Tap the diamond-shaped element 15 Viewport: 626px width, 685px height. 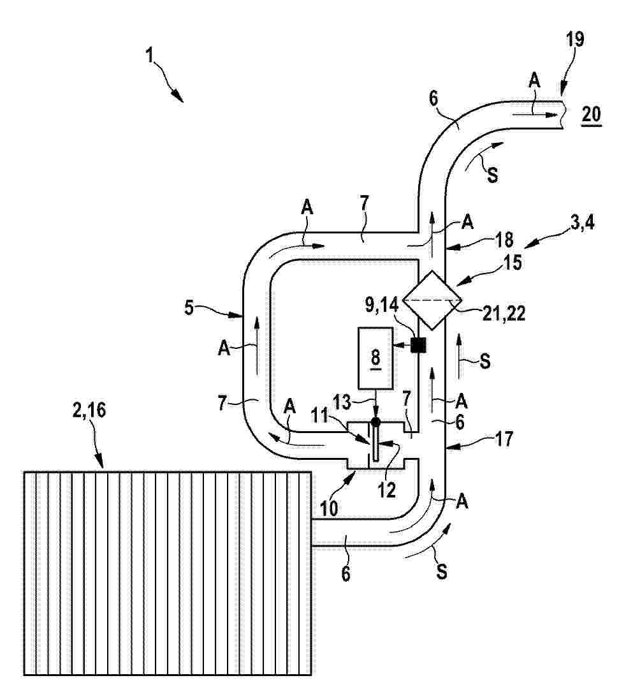coord(432,300)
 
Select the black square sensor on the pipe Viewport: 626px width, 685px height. coord(418,346)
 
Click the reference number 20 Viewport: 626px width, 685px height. coord(592,114)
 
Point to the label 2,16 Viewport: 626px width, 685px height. coord(89,411)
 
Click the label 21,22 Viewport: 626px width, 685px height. coord(504,313)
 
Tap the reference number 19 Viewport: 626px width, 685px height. coord(575,40)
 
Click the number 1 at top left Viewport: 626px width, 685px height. coord(150,55)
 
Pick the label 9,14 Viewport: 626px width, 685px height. coord(382,306)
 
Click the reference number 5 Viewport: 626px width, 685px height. coord(189,307)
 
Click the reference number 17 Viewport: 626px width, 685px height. coord(504,439)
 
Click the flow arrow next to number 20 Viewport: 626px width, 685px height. coord(535,114)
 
